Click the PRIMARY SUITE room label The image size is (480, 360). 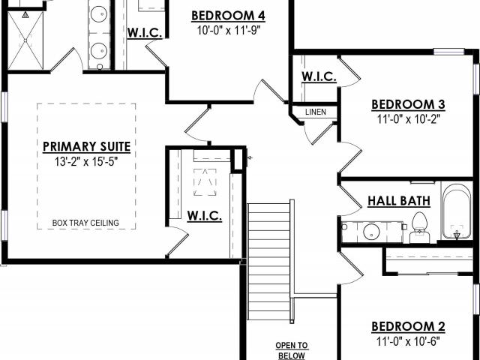point(87,147)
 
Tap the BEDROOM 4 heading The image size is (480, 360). point(228,16)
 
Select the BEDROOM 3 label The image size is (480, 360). point(408,104)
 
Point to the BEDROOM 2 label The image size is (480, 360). point(408,327)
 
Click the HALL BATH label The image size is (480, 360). point(399,201)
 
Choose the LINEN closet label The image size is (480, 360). point(316,112)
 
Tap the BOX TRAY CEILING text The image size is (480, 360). point(85,223)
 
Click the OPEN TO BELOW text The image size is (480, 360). point(292,351)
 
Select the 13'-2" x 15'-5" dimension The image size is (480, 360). point(86,162)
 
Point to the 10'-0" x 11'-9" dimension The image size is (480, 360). point(228,31)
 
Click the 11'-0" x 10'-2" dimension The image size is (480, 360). point(408,119)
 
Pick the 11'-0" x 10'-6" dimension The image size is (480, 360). point(408,341)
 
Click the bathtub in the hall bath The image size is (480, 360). point(457,211)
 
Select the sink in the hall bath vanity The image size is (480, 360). point(372,232)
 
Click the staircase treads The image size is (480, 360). point(268,262)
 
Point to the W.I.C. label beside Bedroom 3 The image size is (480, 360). point(319,76)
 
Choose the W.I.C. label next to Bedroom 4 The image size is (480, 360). point(145,32)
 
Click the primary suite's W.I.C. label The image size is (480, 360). point(205,216)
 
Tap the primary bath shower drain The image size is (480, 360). point(25,40)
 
